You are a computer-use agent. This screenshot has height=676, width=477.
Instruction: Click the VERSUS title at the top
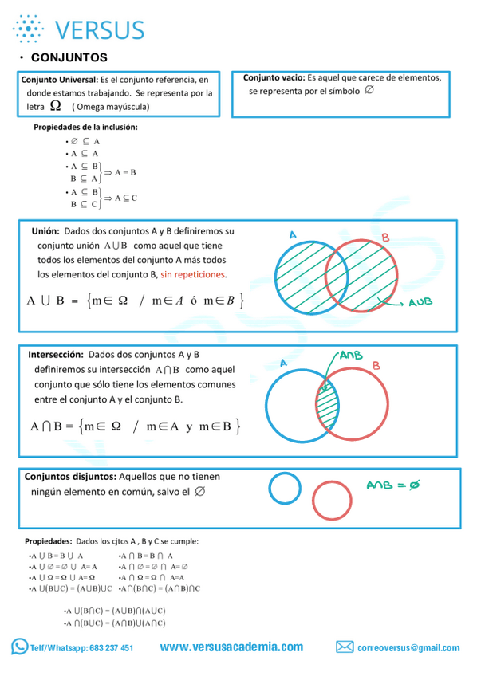pos(100,29)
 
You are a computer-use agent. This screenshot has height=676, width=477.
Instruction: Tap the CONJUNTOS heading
pos(69,57)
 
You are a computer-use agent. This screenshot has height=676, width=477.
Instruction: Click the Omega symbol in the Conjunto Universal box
pos(55,105)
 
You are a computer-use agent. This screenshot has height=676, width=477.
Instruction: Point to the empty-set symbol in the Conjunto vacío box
pos(369,91)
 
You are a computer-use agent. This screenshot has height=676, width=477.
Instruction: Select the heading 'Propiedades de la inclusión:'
pos(85,127)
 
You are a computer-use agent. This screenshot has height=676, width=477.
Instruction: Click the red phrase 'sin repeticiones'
pos(193,274)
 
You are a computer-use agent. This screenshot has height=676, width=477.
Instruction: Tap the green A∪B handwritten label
pos(420,303)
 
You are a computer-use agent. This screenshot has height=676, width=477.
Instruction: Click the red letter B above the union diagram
pos(385,238)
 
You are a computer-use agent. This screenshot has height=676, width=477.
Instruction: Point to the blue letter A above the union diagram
pos(293,235)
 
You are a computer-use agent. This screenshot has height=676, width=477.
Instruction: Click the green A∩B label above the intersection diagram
pos(350,355)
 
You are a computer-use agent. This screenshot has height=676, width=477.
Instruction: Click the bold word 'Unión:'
pos(45,230)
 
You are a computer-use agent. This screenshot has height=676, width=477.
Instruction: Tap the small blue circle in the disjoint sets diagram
pos(284,489)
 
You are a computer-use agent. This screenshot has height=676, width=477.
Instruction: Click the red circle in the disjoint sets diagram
pos(331,500)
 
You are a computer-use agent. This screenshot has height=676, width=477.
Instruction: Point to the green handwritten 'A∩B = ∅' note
pos(392,485)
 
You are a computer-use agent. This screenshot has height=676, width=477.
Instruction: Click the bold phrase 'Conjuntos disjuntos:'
pos(71,476)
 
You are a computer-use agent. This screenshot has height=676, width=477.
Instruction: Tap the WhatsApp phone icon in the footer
pos(19,647)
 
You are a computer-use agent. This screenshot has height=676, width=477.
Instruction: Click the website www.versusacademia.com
pos(231,647)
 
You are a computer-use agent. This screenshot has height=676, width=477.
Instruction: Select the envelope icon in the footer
pos(345,647)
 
